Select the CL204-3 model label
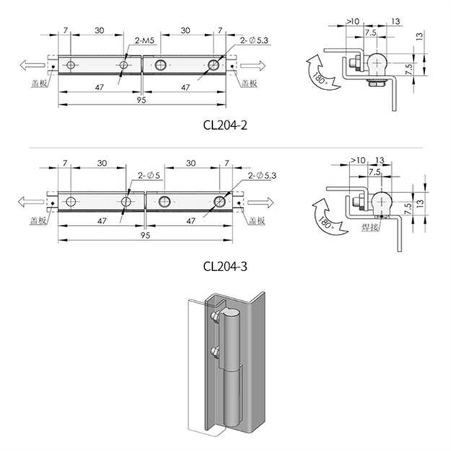click(x=225, y=266)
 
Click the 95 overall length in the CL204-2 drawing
click(x=144, y=101)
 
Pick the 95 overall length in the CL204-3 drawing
click(x=144, y=237)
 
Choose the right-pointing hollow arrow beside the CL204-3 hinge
click(x=257, y=202)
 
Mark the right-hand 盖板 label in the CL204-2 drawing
click(x=249, y=83)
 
